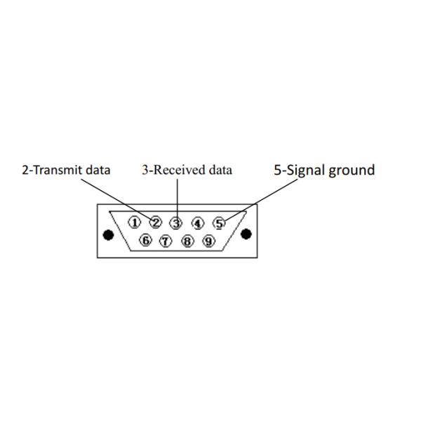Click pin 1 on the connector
click(134, 222)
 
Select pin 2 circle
click(156, 222)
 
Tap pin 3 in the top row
click(176, 223)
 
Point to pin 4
click(198, 223)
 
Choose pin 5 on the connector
click(219, 223)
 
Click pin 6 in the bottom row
click(146, 240)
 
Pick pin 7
click(166, 241)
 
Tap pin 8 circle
click(187, 241)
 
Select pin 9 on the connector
click(208, 241)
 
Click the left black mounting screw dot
click(108, 235)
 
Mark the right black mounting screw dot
click(246, 234)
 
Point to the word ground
click(352, 171)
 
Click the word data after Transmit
click(98, 170)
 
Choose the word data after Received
click(220, 170)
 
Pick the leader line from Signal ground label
click(261, 200)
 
